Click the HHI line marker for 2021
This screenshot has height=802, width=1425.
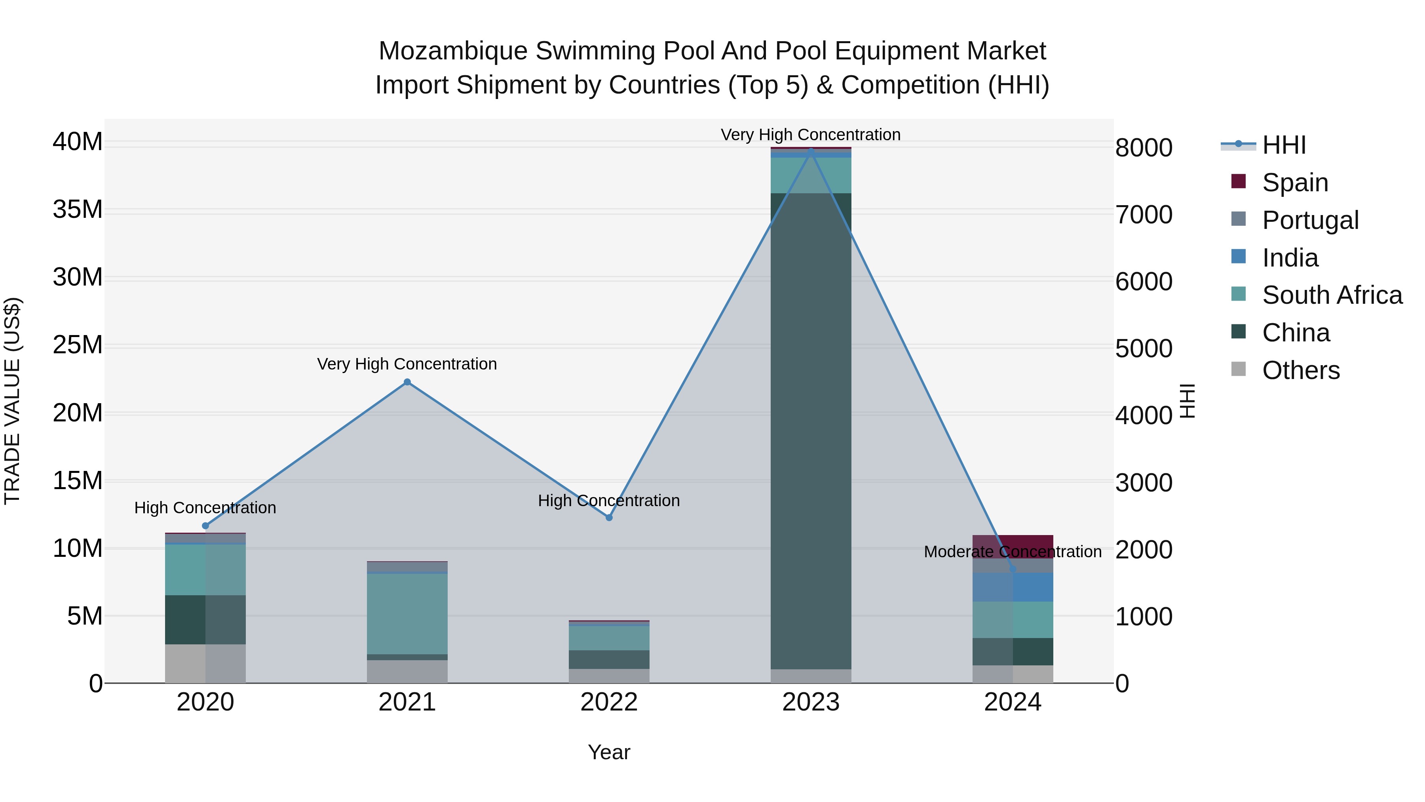pos(407,382)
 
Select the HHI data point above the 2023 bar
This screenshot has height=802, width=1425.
pos(811,150)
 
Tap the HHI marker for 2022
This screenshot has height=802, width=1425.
pos(609,518)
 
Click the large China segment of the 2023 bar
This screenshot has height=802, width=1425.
pos(811,432)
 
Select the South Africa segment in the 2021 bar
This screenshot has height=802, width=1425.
pos(407,614)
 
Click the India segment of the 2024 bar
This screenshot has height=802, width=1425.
pos(1013,587)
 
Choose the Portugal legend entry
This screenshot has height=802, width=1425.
pos(1310,220)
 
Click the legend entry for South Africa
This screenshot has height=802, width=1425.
pos(1332,295)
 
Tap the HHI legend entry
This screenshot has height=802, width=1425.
pos(1283,145)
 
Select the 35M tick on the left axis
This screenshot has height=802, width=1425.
pos(78,210)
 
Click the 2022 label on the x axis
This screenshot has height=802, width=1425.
pos(609,702)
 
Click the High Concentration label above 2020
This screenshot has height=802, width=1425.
pos(205,508)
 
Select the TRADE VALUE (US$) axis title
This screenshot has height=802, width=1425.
pos(13,401)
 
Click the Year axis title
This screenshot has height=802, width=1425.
pos(609,752)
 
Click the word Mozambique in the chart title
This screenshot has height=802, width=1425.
pos(453,51)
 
